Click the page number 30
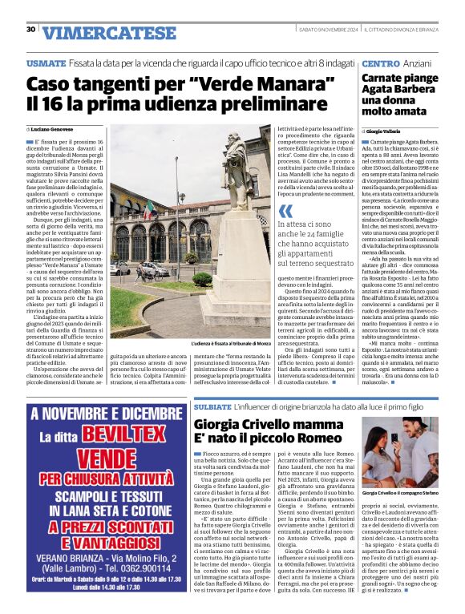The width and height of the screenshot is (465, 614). pos(30,30)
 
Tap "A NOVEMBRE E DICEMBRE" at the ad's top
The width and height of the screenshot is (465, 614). pos(101,415)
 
